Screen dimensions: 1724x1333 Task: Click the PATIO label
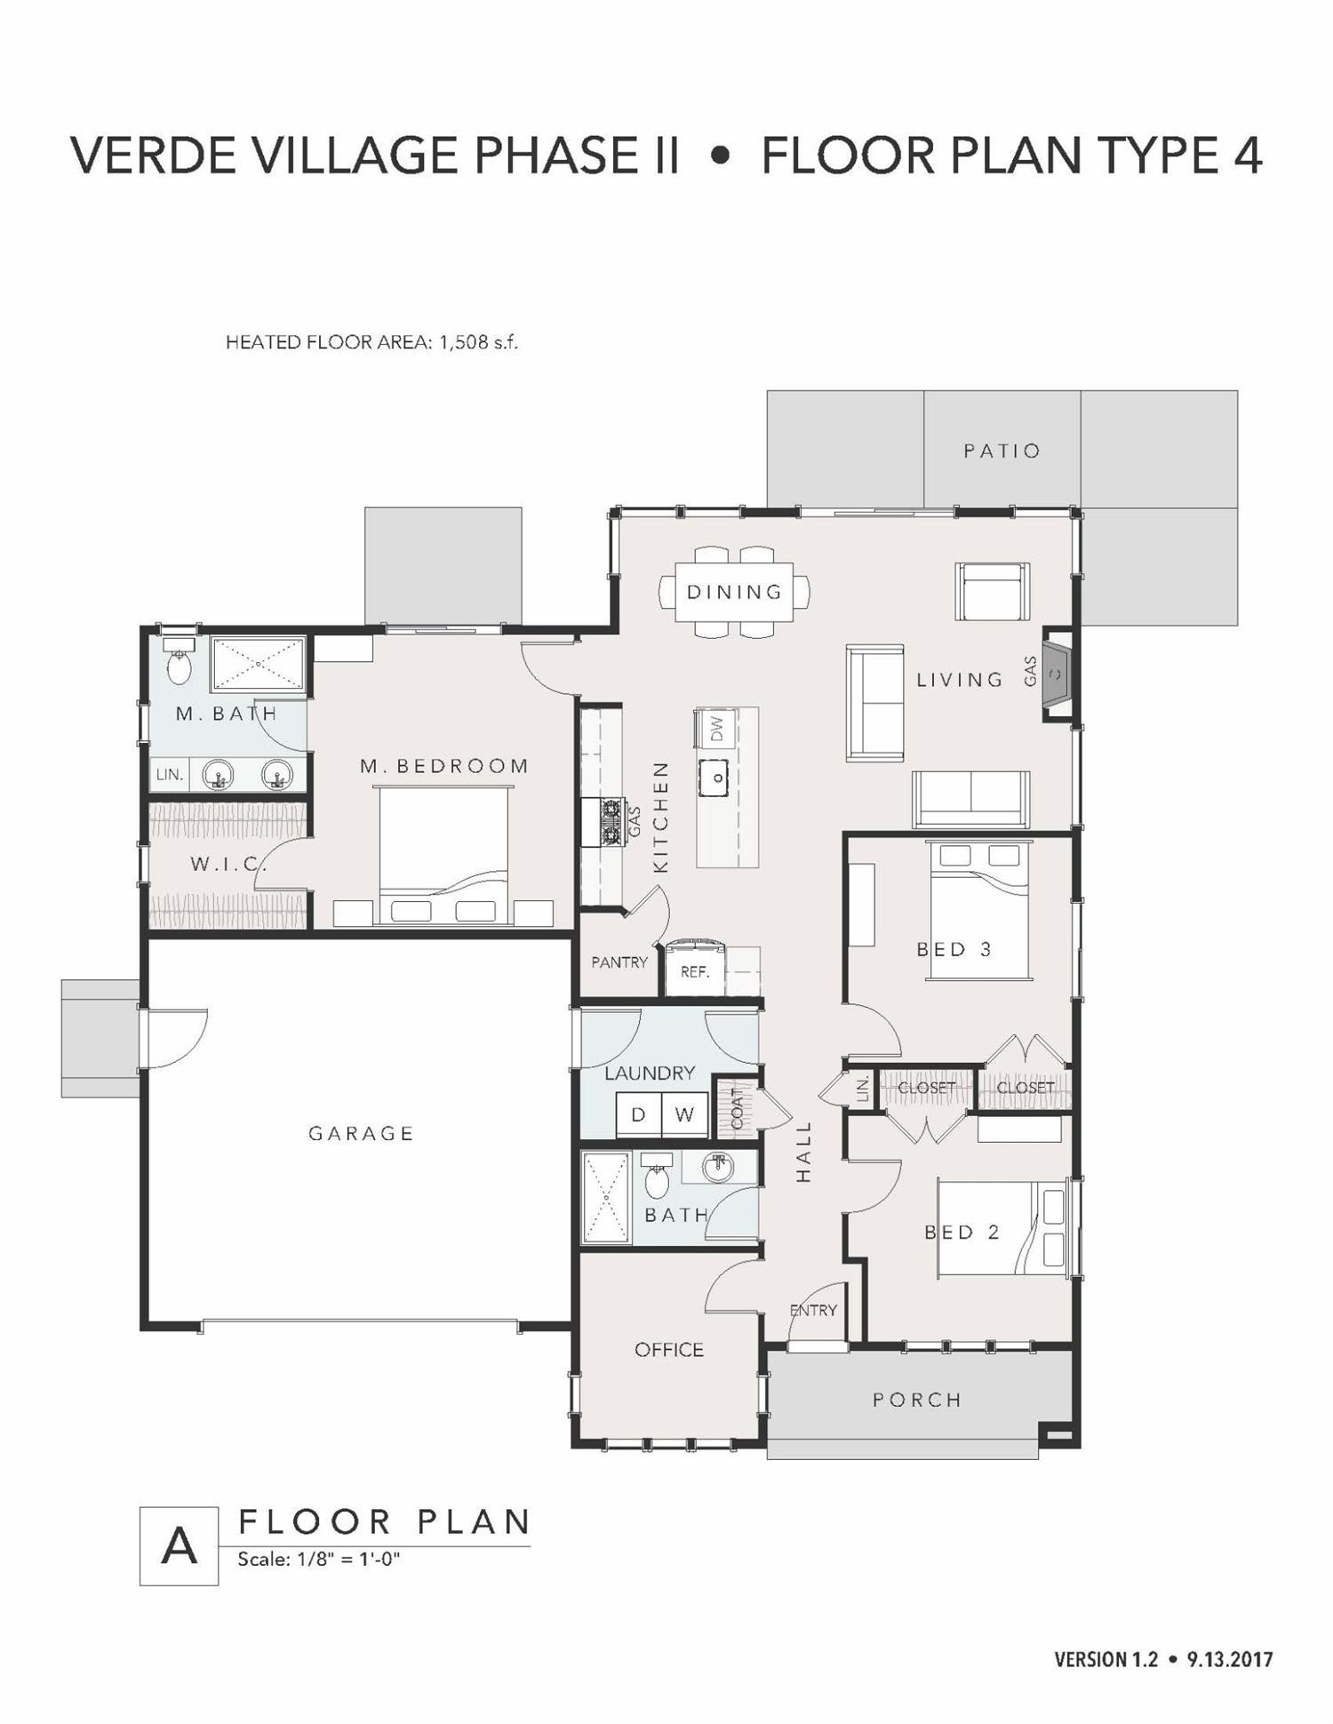[1002, 451]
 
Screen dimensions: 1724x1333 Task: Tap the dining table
[734, 592]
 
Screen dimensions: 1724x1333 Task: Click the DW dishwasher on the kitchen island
[716, 729]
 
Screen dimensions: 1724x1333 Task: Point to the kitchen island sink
[714, 778]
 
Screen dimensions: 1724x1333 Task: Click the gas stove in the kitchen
[611, 823]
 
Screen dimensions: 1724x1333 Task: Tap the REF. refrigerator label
[695, 972]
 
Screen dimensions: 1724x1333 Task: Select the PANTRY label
[619, 962]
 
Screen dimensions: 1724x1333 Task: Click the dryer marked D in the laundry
[638, 1115]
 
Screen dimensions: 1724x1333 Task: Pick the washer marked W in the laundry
[684, 1115]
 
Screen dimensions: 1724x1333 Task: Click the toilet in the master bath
[180, 663]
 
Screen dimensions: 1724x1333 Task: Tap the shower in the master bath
[258, 664]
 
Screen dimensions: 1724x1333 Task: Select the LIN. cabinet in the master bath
[169, 775]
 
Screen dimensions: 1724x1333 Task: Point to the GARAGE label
[361, 1134]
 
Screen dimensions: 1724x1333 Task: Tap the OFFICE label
[669, 1350]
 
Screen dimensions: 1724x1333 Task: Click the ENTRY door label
[813, 1311]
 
